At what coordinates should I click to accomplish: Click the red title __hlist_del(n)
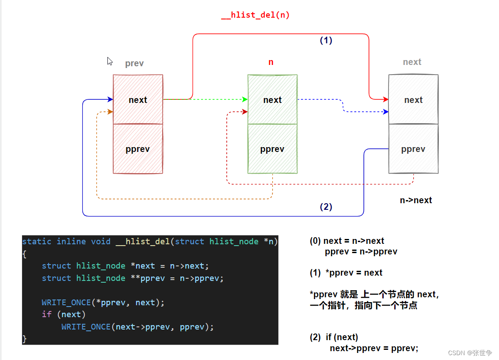[255, 15]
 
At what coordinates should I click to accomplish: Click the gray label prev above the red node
[134, 63]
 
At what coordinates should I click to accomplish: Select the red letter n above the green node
[271, 62]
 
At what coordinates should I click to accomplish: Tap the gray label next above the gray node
[412, 62]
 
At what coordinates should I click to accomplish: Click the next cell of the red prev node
[138, 100]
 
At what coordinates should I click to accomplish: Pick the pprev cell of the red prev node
[138, 149]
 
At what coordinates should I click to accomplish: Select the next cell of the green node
[272, 100]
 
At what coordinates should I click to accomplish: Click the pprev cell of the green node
[272, 149]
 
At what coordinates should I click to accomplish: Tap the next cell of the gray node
[413, 100]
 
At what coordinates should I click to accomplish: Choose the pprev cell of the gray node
[413, 149]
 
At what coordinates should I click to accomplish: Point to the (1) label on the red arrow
[326, 40]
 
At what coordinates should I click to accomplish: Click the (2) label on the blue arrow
[326, 207]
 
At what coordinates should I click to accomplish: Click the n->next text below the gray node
[415, 200]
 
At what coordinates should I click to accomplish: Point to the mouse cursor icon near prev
[110, 61]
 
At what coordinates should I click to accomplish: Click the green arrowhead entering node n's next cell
[245, 99]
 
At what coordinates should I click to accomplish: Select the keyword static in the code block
[37, 241]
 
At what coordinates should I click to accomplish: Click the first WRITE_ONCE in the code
[66, 303]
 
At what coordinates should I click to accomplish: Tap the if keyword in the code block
[46, 315]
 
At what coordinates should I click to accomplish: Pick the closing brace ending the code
[24, 339]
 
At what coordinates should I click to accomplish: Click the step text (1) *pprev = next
[346, 273]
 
